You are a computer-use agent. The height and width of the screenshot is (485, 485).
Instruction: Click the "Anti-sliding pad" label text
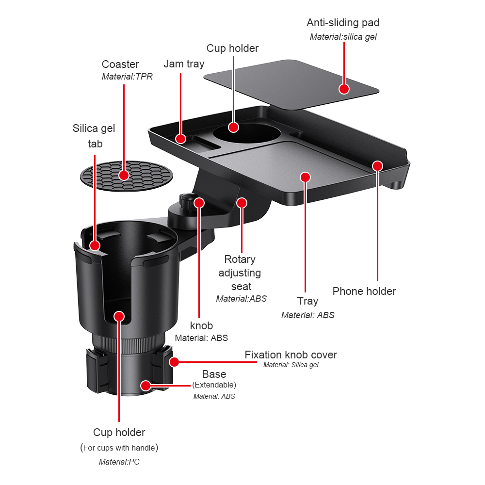coord(343,23)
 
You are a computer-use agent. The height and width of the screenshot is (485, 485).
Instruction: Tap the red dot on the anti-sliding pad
coord(344,89)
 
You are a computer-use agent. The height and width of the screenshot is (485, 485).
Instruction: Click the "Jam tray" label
coord(184,64)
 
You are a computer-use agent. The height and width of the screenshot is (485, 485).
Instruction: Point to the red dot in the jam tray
coord(181,139)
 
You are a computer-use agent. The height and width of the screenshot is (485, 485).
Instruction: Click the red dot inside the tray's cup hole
coord(233,127)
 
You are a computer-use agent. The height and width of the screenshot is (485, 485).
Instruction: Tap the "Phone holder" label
coord(364,291)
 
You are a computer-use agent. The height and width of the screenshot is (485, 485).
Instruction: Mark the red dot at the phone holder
coord(377,166)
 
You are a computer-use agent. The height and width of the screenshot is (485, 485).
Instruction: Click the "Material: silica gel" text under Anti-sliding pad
coord(343,36)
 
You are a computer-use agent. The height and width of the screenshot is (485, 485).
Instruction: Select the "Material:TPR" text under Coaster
coord(127,77)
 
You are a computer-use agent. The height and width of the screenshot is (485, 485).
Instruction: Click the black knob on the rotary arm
coord(185,199)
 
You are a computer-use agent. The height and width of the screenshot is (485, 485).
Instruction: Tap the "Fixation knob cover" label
coord(291,355)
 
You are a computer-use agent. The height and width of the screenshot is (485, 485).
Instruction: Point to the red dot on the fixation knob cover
coord(174,361)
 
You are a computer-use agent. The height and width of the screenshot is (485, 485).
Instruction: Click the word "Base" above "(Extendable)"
coord(214,374)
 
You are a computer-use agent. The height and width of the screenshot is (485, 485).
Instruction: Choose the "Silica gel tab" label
coord(94,136)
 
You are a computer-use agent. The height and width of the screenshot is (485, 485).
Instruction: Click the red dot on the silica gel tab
coord(95,245)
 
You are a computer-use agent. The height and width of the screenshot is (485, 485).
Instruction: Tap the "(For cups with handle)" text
coord(119,448)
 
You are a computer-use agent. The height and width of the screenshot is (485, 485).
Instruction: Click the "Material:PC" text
coord(119,462)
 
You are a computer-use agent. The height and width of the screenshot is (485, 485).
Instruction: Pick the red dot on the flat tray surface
coord(305,177)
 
